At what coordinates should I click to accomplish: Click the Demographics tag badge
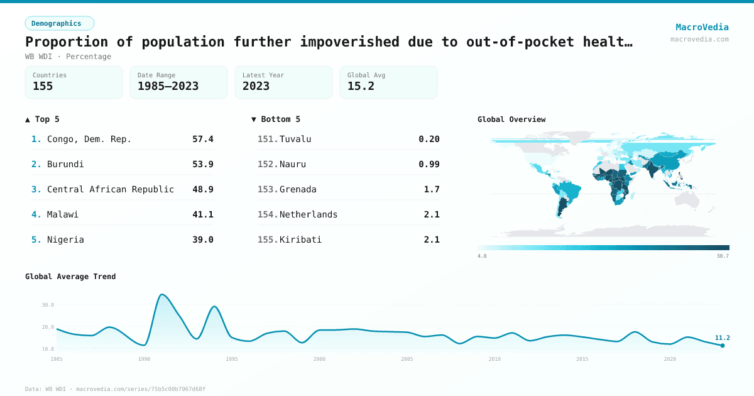point(59,23)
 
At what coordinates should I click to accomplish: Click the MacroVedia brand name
point(702,27)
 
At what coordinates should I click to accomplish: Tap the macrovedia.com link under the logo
point(699,39)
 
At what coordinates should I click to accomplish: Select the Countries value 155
point(43,86)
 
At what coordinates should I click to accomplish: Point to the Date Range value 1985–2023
point(168,86)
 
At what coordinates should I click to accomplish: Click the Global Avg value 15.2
point(361,86)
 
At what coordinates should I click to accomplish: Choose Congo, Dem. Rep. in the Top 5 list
point(89,139)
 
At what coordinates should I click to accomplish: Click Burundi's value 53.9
point(203,164)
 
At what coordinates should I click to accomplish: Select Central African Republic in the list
point(111,189)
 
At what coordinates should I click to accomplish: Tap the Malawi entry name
point(63,214)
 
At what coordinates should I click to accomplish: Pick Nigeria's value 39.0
point(203,239)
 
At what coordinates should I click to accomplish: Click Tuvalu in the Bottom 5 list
point(295,139)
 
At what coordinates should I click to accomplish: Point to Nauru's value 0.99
point(429,164)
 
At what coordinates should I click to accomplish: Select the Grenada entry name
point(298,189)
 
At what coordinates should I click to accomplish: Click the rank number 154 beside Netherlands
point(267,214)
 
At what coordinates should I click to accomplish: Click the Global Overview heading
point(511,119)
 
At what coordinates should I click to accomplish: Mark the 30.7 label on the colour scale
point(723,256)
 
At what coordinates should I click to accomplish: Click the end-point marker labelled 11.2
point(723,345)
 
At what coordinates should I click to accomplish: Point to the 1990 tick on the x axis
point(145,359)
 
